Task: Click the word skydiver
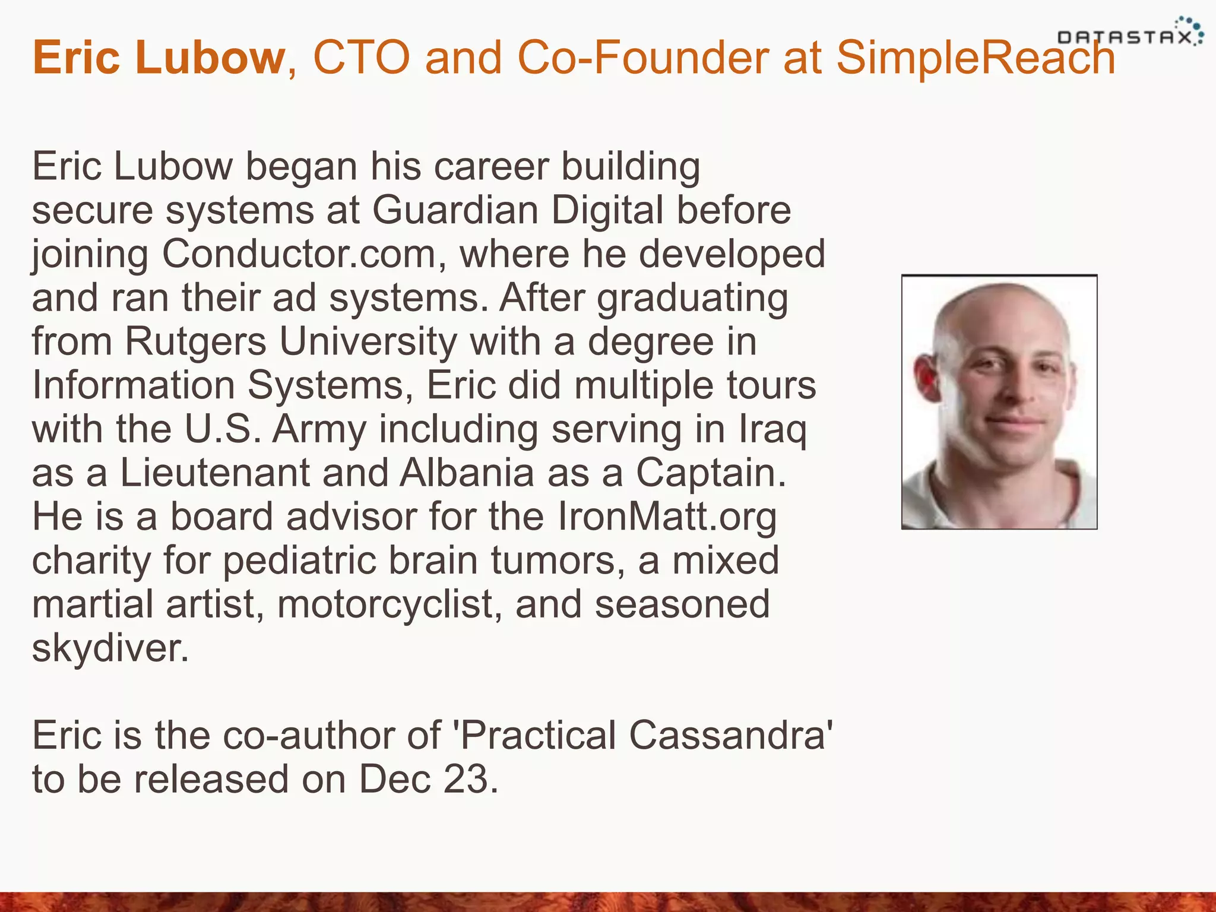[110, 648]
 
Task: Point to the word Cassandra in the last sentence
[727, 736]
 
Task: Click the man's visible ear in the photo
[927, 376]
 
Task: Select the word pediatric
[299, 560]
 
